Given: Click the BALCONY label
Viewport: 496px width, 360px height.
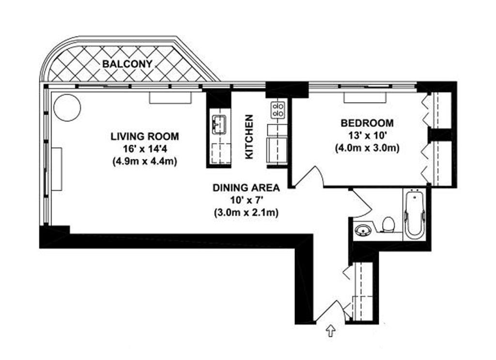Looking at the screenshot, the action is coord(127,64).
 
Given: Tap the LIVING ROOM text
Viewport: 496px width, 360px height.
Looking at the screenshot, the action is coord(144,136).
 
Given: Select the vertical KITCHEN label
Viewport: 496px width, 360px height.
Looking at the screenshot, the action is coord(249,137).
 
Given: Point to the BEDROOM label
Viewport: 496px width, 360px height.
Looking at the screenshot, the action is coord(367,123).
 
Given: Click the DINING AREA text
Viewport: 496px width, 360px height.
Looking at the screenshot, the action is coord(246,188).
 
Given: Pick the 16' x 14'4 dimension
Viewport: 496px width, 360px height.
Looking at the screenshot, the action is coord(144,149).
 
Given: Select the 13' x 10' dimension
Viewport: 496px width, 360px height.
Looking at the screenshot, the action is coord(367,135).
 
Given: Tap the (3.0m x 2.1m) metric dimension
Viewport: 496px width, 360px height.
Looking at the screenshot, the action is coord(246,213).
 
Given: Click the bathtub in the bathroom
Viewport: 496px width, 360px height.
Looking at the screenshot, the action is coord(415,214).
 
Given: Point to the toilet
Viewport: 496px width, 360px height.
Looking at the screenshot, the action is coord(388,225).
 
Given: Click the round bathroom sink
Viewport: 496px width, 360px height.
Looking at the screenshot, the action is coord(363,230).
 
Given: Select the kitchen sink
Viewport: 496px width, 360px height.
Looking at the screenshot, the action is coord(219,124).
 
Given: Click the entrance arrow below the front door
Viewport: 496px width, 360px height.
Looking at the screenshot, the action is coord(330,331).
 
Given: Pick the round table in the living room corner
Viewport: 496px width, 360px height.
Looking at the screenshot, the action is coord(67,108).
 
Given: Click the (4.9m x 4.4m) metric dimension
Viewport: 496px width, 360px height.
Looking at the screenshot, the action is coord(144,162).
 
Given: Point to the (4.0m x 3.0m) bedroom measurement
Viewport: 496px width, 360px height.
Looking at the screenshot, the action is coord(367,148).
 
